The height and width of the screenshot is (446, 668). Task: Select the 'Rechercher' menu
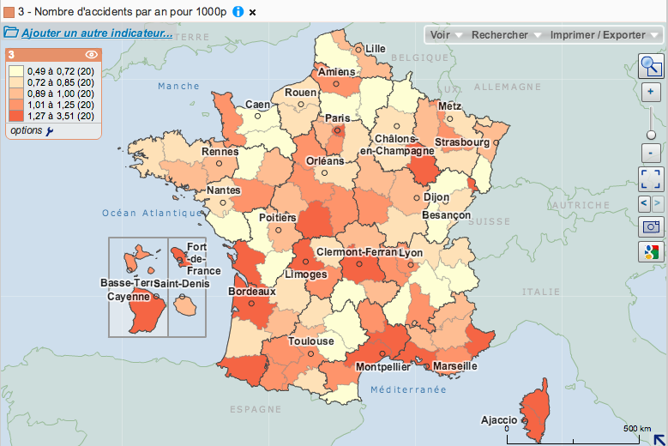(506, 35)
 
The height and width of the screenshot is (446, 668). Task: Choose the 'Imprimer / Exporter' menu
(603, 35)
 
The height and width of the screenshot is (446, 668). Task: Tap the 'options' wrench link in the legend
(31, 130)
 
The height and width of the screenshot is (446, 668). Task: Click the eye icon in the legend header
(92, 54)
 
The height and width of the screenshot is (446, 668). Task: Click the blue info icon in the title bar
(238, 11)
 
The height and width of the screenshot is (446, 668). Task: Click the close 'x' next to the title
(252, 12)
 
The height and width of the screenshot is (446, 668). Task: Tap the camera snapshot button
(651, 227)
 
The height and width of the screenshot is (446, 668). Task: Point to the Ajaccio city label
(499, 420)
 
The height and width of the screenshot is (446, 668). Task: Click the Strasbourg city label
(461, 142)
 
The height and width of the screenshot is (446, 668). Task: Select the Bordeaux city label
(252, 292)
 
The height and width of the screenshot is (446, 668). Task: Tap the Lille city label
(375, 49)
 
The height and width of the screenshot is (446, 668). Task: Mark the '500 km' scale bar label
(637, 428)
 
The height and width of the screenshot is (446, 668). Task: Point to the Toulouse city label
(310, 341)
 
